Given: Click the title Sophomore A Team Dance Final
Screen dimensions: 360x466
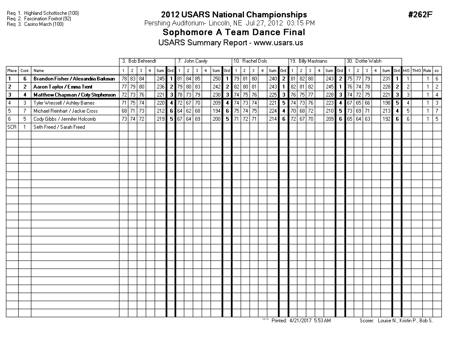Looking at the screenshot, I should (234, 33).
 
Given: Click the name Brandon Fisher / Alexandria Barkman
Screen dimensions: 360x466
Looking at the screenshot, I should (74, 79).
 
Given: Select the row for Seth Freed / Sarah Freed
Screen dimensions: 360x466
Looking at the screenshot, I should (59, 127).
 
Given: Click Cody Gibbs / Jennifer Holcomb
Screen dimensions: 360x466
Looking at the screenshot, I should (64, 119).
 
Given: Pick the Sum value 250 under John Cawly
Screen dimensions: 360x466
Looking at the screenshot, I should (216, 79).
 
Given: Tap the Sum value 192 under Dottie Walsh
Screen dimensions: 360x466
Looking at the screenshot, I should (386, 119).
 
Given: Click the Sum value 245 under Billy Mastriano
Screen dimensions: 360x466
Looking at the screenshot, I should (329, 87).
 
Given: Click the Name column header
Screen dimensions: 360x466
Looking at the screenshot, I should (39, 71).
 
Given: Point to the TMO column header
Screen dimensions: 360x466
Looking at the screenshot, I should (416, 71).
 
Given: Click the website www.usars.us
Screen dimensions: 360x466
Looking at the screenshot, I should (278, 43).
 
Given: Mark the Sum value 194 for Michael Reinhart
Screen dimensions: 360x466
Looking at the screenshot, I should (216, 111).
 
